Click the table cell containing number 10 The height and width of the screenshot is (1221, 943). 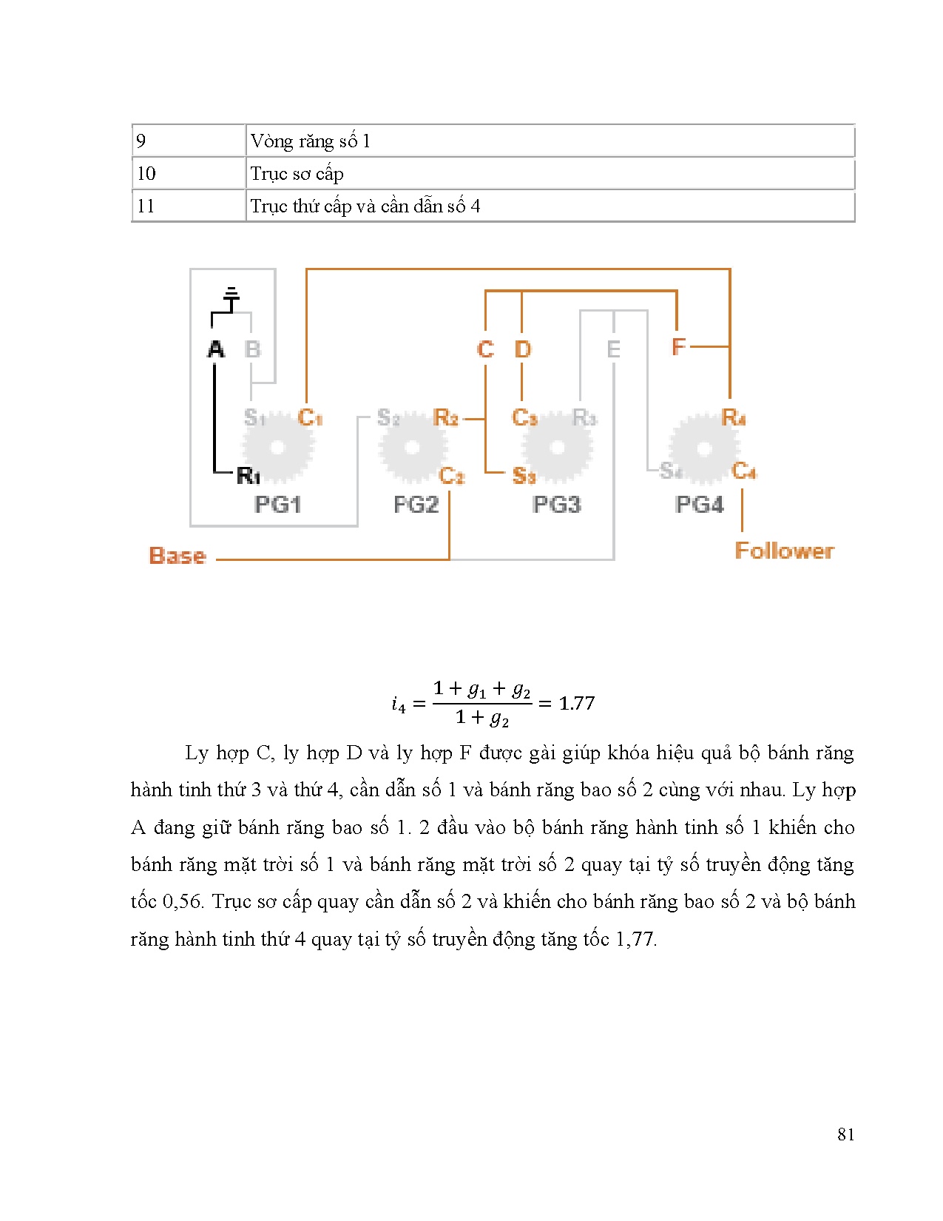[x=188, y=174]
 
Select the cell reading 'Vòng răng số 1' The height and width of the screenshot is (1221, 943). [x=549, y=141]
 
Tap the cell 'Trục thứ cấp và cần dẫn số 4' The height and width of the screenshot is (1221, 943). [x=549, y=206]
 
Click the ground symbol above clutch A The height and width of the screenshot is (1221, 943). [x=231, y=298]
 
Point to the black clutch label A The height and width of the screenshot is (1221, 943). [x=216, y=349]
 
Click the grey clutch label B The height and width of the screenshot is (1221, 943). [x=253, y=349]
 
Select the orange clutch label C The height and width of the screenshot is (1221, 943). [x=485, y=349]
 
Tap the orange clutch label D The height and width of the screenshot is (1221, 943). [x=522, y=349]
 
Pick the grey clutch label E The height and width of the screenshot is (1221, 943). [x=613, y=349]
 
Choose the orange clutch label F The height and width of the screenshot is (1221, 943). [x=678, y=346]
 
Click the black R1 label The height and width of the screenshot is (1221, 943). [x=248, y=476]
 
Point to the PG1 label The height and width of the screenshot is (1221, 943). [x=277, y=505]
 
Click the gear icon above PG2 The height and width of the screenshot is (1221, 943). [x=412, y=448]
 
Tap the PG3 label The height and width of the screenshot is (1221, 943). [x=556, y=505]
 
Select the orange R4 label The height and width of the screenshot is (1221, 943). [x=733, y=418]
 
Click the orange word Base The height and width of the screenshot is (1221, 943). [x=178, y=556]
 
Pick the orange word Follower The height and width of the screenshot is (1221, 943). [x=784, y=551]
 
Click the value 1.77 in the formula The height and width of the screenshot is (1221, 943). [x=577, y=703]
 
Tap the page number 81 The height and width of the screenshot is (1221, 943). [x=846, y=1134]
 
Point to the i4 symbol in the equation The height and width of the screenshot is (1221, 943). [x=399, y=704]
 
